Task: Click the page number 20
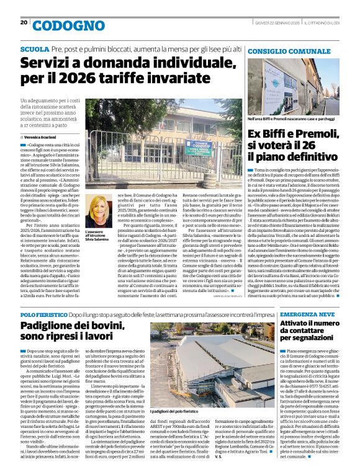[x=24, y=23]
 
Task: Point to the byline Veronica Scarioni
[x=42, y=136]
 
